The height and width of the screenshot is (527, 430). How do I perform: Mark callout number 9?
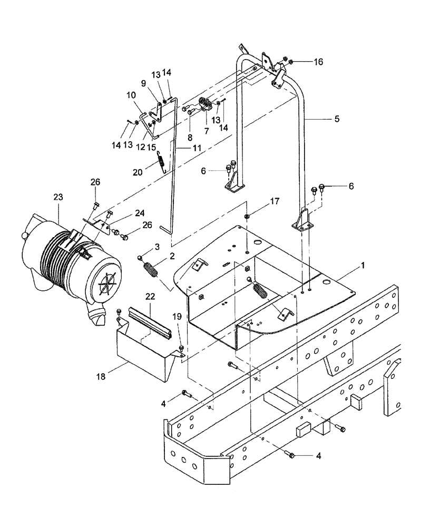143,83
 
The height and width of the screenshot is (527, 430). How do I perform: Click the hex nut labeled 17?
247,217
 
